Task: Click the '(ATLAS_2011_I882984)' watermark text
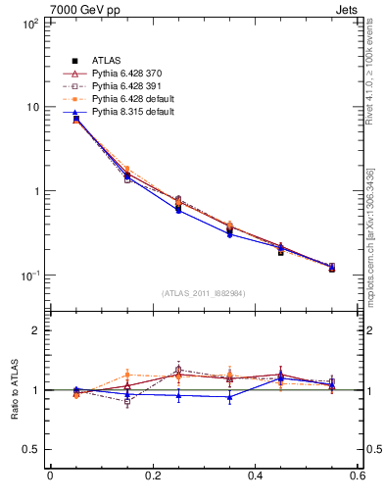[203, 293]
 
